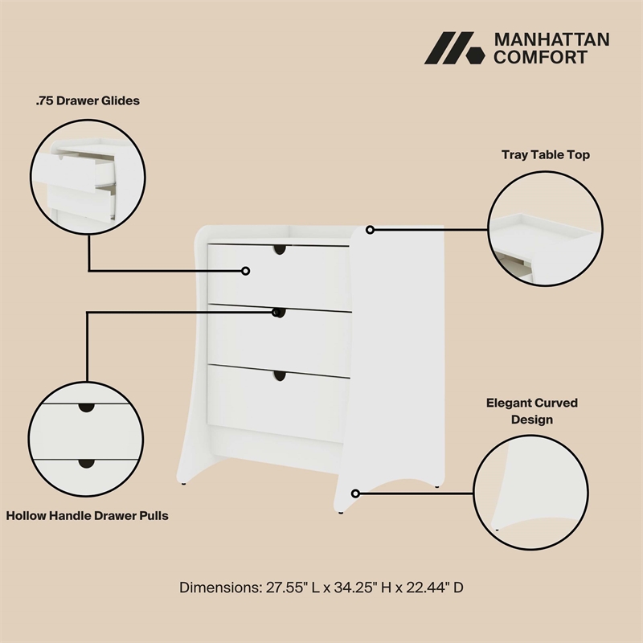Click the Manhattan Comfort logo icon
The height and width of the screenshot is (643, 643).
pyautogui.click(x=453, y=48)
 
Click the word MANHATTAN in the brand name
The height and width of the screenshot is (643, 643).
pyautogui.click(x=551, y=39)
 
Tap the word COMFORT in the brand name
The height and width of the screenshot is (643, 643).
pyautogui.click(x=540, y=57)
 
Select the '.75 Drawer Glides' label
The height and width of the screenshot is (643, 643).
pyautogui.click(x=88, y=101)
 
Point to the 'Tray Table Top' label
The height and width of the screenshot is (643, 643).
pyautogui.click(x=546, y=154)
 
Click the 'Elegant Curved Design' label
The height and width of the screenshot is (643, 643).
pyautogui.click(x=531, y=411)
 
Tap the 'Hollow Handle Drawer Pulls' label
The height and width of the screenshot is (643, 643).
pyautogui.click(x=88, y=515)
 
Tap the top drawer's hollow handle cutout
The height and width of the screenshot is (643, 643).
pyautogui.click(x=279, y=250)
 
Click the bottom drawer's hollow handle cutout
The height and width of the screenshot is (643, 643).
pyautogui.click(x=279, y=375)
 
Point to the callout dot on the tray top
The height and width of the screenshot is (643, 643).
pyautogui.click(x=370, y=230)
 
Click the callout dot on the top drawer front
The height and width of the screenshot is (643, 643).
pyautogui.click(x=246, y=271)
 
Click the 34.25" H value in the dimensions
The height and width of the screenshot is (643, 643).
pyautogui.click(x=347, y=588)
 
